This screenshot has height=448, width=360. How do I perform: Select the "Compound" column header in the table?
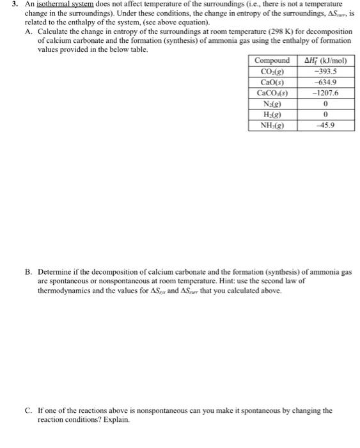pos(272,61)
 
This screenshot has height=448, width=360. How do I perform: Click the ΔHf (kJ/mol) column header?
pos(324,61)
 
